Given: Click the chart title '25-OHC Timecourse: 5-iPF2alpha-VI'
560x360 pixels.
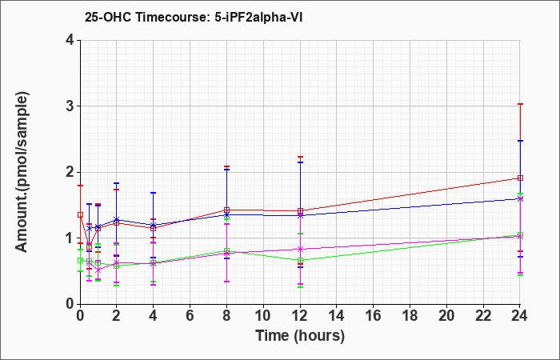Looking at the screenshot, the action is click(x=194, y=17).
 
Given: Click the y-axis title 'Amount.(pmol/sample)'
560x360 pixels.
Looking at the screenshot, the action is click(x=22, y=172).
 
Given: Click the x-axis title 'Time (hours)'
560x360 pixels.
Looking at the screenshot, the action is click(x=300, y=336).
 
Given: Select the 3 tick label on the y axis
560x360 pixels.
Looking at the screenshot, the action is click(x=70, y=106).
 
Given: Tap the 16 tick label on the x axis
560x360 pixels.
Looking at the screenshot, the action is click(x=373, y=315).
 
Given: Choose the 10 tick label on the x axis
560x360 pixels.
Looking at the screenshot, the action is click(x=263, y=315).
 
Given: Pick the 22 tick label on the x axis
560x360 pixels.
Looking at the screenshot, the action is click(x=483, y=315).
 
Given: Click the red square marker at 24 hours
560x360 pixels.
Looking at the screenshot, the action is click(x=520, y=178).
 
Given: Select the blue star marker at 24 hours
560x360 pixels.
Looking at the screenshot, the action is click(x=520, y=199).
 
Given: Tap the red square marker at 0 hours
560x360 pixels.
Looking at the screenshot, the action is click(x=80, y=215).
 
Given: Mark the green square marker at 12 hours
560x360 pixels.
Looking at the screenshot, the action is click(x=300, y=260).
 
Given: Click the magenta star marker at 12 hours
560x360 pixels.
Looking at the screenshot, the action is click(x=300, y=249).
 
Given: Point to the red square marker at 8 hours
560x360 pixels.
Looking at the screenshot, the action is click(x=226, y=210).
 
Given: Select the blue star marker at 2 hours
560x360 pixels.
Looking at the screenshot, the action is click(x=116, y=220).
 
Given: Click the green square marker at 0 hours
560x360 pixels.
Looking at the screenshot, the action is click(x=80, y=260).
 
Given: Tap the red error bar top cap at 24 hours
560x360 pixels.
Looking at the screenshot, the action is click(x=520, y=104).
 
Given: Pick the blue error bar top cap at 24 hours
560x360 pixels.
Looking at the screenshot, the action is click(x=520, y=141).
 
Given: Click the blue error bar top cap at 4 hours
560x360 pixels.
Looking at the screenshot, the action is click(x=154, y=193).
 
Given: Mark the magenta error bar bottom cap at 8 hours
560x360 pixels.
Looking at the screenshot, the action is click(x=226, y=282).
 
